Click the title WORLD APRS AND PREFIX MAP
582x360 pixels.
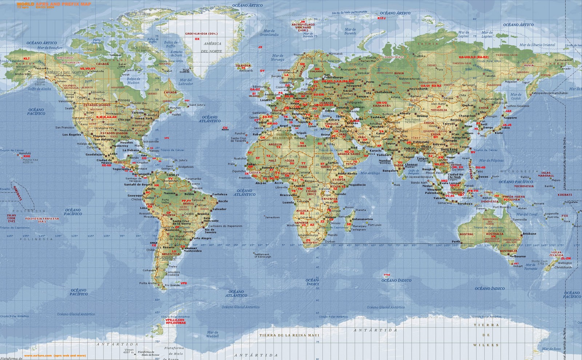[x=54, y=4]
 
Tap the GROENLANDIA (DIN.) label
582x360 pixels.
[x=201, y=34]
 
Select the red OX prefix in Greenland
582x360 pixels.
[x=197, y=39]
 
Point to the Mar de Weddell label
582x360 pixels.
[x=212, y=334]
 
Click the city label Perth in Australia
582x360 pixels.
[x=456, y=241]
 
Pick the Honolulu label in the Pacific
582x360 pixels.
[x=25, y=153]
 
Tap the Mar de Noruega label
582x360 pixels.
[x=278, y=58]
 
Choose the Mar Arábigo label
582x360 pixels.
[x=370, y=173]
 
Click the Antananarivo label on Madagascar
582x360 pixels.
[x=362, y=219]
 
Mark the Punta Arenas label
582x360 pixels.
[x=148, y=283]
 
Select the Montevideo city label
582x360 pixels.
[x=193, y=251]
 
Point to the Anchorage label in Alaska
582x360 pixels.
[x=23, y=74]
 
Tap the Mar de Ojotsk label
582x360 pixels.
[x=516, y=96]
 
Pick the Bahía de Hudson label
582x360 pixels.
[x=133, y=81]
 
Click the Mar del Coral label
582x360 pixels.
[x=527, y=215]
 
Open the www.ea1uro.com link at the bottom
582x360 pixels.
[x=55, y=356]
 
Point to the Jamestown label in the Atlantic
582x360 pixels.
[x=272, y=217]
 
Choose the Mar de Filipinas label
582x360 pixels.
[x=491, y=160]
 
